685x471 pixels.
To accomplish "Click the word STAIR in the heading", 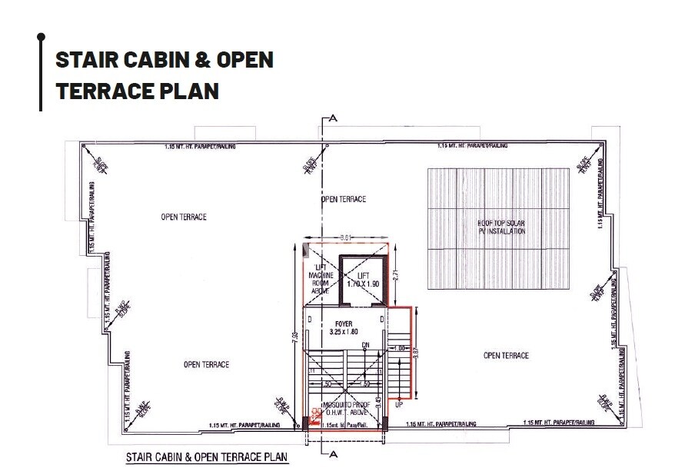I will click(x=85, y=60).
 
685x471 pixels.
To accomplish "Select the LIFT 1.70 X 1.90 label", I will click(x=364, y=280).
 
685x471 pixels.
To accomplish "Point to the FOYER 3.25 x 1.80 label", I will click(x=344, y=328).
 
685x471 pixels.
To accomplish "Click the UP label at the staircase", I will click(x=398, y=403).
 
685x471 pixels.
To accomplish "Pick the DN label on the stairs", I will click(x=366, y=345).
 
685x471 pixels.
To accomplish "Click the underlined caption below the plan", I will click(x=206, y=457).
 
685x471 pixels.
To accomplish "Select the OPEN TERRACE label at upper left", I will click(x=183, y=217).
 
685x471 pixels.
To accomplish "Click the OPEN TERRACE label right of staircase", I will click(x=506, y=355).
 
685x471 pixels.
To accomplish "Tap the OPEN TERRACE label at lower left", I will click(x=206, y=364).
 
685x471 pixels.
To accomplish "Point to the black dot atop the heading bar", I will click(x=41, y=36).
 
